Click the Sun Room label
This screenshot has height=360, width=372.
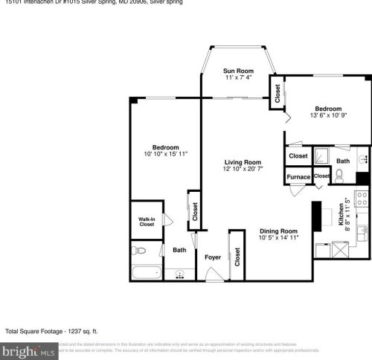238,71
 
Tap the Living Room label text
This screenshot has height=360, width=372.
243,162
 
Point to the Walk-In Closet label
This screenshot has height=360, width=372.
147,221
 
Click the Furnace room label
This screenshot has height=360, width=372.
298,178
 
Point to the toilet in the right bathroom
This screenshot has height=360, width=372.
339,176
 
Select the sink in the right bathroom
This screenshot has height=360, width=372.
362,159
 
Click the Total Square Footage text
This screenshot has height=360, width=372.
52,331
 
